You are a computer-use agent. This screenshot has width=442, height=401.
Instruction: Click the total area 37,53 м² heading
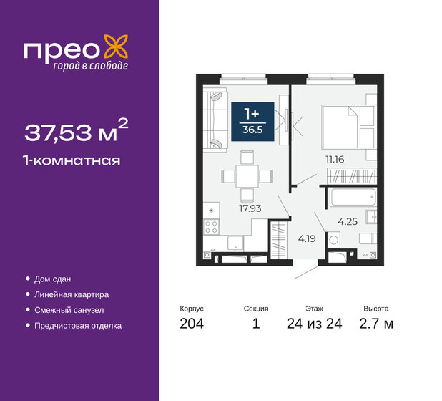77,131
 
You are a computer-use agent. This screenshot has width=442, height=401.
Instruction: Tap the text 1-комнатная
72,160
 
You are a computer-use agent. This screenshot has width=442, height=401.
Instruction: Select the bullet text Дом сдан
52,279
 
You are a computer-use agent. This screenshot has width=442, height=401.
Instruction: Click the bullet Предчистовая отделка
77,326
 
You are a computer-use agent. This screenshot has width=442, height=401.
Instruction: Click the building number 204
192,324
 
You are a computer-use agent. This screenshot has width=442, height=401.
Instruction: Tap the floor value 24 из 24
314,324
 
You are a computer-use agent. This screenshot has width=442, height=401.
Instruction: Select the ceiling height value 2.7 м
378,324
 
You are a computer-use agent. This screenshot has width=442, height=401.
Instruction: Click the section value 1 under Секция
255,324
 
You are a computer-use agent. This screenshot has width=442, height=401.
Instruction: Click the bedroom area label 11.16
333,160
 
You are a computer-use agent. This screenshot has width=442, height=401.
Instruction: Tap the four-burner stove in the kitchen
211,228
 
